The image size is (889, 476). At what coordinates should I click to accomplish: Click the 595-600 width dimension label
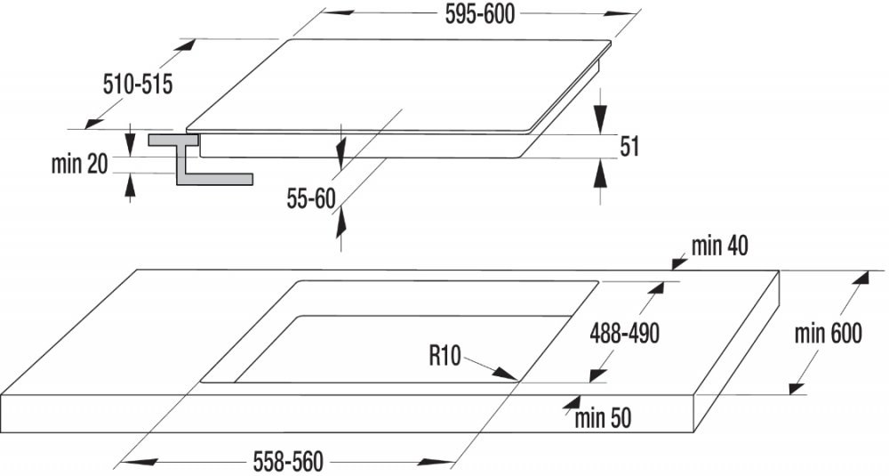pyautogui.click(x=480, y=15)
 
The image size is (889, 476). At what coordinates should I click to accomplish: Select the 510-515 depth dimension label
pyautogui.click(x=137, y=85)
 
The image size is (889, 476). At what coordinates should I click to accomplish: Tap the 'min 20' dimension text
pyautogui.click(x=79, y=164)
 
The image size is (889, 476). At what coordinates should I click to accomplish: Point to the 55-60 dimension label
pyautogui.click(x=311, y=198)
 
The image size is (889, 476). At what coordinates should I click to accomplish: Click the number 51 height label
pyautogui.click(x=629, y=147)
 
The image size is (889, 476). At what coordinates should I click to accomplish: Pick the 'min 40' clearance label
pyautogui.click(x=719, y=246)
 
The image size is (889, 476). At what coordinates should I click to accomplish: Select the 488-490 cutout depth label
pyautogui.click(x=625, y=334)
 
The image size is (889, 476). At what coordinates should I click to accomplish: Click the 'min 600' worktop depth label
pyautogui.click(x=828, y=333)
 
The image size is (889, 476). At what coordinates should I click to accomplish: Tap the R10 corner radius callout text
pyautogui.click(x=445, y=356)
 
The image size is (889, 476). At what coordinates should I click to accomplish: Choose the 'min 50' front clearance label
pyautogui.click(x=603, y=419)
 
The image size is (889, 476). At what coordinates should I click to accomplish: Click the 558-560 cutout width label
pyautogui.click(x=288, y=461)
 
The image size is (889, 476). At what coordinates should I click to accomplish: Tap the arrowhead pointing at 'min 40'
pyautogui.click(x=679, y=263)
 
